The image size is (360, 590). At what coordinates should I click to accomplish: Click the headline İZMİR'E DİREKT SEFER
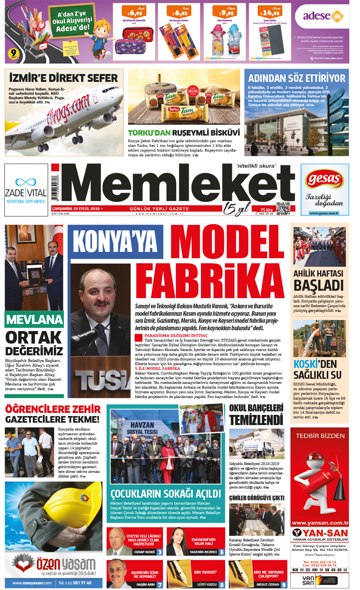[63, 78]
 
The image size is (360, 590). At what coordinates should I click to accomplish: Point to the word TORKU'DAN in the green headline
[149, 133]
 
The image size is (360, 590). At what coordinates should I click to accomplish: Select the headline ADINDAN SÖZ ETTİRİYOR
[297, 78]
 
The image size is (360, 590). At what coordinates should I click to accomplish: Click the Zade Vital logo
[26, 190]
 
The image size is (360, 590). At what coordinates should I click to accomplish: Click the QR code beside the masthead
[283, 208]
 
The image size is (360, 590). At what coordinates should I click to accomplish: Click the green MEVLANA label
[34, 320]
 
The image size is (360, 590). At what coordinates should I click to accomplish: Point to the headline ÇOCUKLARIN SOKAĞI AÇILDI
[166, 493]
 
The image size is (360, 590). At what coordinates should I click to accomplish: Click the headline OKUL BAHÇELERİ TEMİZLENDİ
[256, 414]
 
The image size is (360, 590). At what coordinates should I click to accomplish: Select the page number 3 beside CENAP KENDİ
[160, 552]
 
